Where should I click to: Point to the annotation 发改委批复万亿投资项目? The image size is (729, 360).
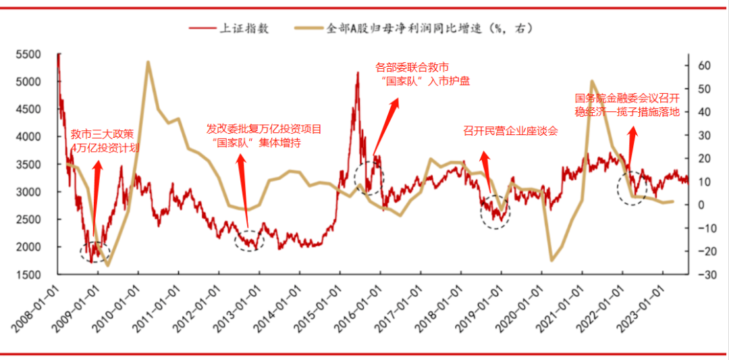tap(265, 128)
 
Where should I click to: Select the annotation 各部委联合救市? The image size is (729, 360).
tap(412, 68)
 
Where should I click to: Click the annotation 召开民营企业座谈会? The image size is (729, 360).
tap(510, 131)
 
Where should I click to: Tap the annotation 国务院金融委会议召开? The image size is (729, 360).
tap(626, 99)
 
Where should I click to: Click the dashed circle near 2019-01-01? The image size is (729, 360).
tap(495, 211)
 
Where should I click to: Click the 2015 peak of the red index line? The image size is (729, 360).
tap(357, 72)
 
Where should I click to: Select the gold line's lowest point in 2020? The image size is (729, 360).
tap(552, 260)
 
